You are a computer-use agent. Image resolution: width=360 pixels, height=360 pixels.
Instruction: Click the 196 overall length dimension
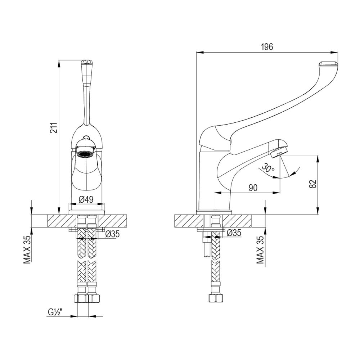[x=267, y=47]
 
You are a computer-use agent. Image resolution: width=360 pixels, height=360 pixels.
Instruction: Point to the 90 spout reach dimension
[x=253, y=188]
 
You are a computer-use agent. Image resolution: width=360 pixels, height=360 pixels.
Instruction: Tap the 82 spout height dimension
[x=312, y=184]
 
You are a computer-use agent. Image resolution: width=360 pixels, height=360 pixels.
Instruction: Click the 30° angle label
[x=268, y=167]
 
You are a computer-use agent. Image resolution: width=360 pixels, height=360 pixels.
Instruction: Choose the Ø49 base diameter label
[x=86, y=199]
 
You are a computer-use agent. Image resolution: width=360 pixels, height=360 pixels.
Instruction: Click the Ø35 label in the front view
[x=112, y=234]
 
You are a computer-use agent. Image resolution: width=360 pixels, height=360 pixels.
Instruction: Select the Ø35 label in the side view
[x=234, y=233]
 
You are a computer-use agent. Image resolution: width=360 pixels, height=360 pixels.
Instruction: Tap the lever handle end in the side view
[x=328, y=66]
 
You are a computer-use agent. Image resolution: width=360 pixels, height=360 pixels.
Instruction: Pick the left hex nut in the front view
[x=80, y=298]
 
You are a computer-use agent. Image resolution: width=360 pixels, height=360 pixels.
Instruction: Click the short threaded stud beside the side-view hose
[x=207, y=248]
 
